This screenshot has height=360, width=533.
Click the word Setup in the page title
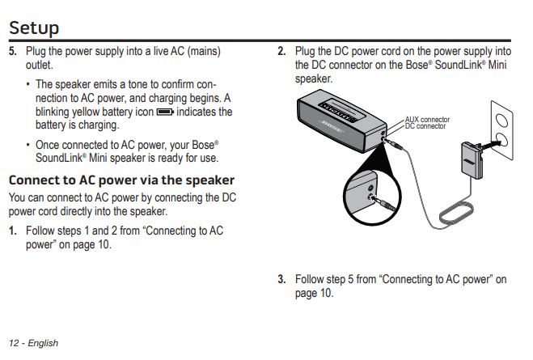point(34,28)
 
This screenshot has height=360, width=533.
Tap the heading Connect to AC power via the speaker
point(121,180)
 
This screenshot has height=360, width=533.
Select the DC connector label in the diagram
point(425,126)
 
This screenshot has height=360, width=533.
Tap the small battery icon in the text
point(165,112)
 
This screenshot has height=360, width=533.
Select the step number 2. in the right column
point(281,52)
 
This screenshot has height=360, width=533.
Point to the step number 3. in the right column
point(281,280)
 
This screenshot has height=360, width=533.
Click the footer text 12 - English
point(34,343)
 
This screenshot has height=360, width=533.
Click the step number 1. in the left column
point(13,231)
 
